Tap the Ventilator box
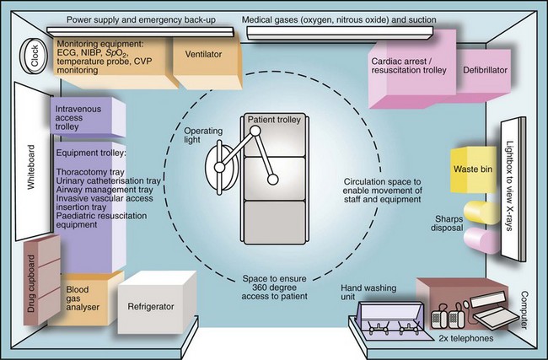(x=199, y=55)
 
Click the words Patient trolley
(x=270, y=121)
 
